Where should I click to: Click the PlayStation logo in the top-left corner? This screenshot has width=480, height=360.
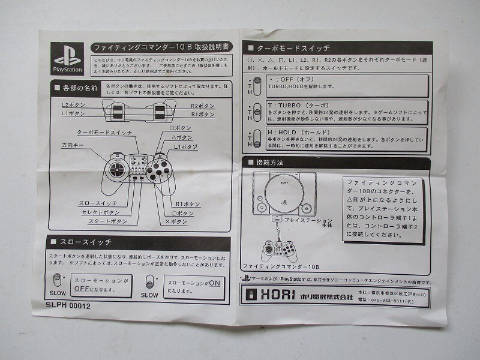coord(67,59)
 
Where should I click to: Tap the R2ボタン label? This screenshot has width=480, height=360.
coord(202,105)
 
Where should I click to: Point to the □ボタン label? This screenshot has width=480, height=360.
coord(181,128)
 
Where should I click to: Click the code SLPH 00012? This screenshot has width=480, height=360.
coord(68,305)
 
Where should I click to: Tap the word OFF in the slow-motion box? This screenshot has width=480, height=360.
coord(85,288)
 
